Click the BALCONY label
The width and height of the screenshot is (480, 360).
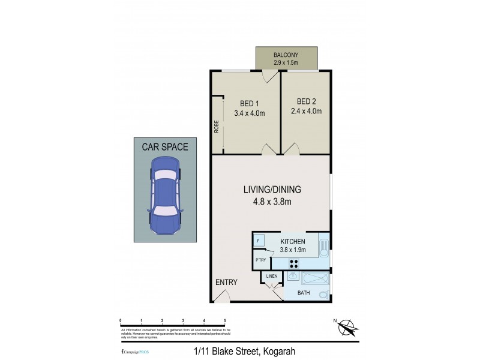point(286,53)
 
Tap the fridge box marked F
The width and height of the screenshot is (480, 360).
point(258,240)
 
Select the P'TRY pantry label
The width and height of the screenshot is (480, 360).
point(260,260)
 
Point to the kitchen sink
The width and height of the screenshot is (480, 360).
point(323,247)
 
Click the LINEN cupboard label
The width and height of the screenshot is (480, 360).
point(271,276)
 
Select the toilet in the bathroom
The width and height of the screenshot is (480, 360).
point(324,294)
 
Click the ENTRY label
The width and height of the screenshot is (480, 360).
point(226,283)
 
